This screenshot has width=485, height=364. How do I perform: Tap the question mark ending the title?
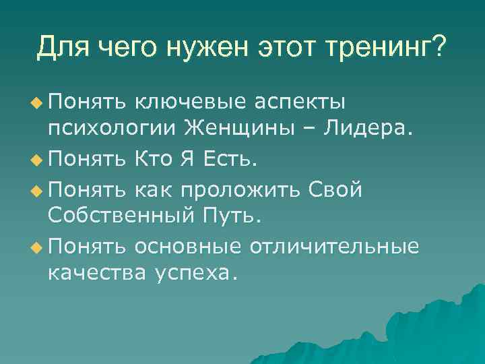tap(439, 47)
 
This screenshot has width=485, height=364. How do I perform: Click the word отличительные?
tap(334, 247)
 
